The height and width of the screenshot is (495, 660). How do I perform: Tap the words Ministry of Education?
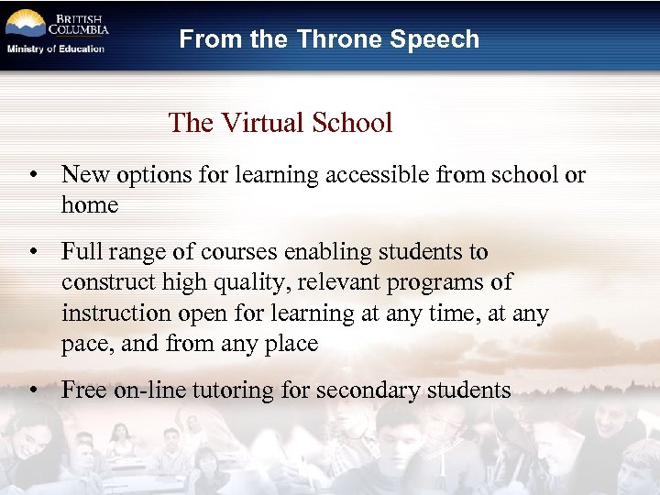click(x=56, y=49)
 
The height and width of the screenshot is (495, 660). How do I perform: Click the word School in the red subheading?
click(x=353, y=123)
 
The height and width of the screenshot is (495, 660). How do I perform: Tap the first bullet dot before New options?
click(x=32, y=175)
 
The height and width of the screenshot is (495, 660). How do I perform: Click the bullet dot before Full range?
click(x=32, y=252)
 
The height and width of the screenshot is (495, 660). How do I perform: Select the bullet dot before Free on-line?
click(x=32, y=390)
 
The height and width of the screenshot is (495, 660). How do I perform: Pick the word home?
click(x=90, y=205)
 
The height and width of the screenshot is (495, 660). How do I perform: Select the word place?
click(x=289, y=345)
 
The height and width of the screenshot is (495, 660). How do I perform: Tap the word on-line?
click(x=148, y=390)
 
